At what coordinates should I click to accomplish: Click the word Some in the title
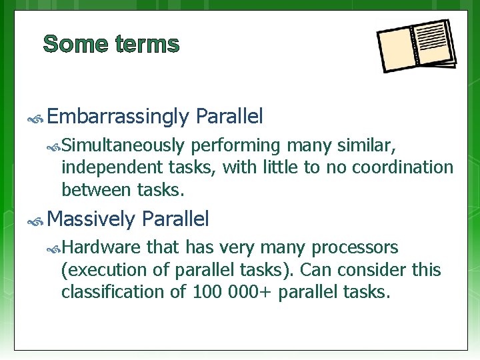pos(75,44)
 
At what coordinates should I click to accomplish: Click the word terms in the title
pos(147,44)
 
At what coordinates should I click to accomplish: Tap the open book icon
pos(416,46)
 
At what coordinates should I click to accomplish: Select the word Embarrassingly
pos(119,117)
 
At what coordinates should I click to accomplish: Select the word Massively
pos(92,219)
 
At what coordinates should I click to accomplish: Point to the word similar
pos(369,145)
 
